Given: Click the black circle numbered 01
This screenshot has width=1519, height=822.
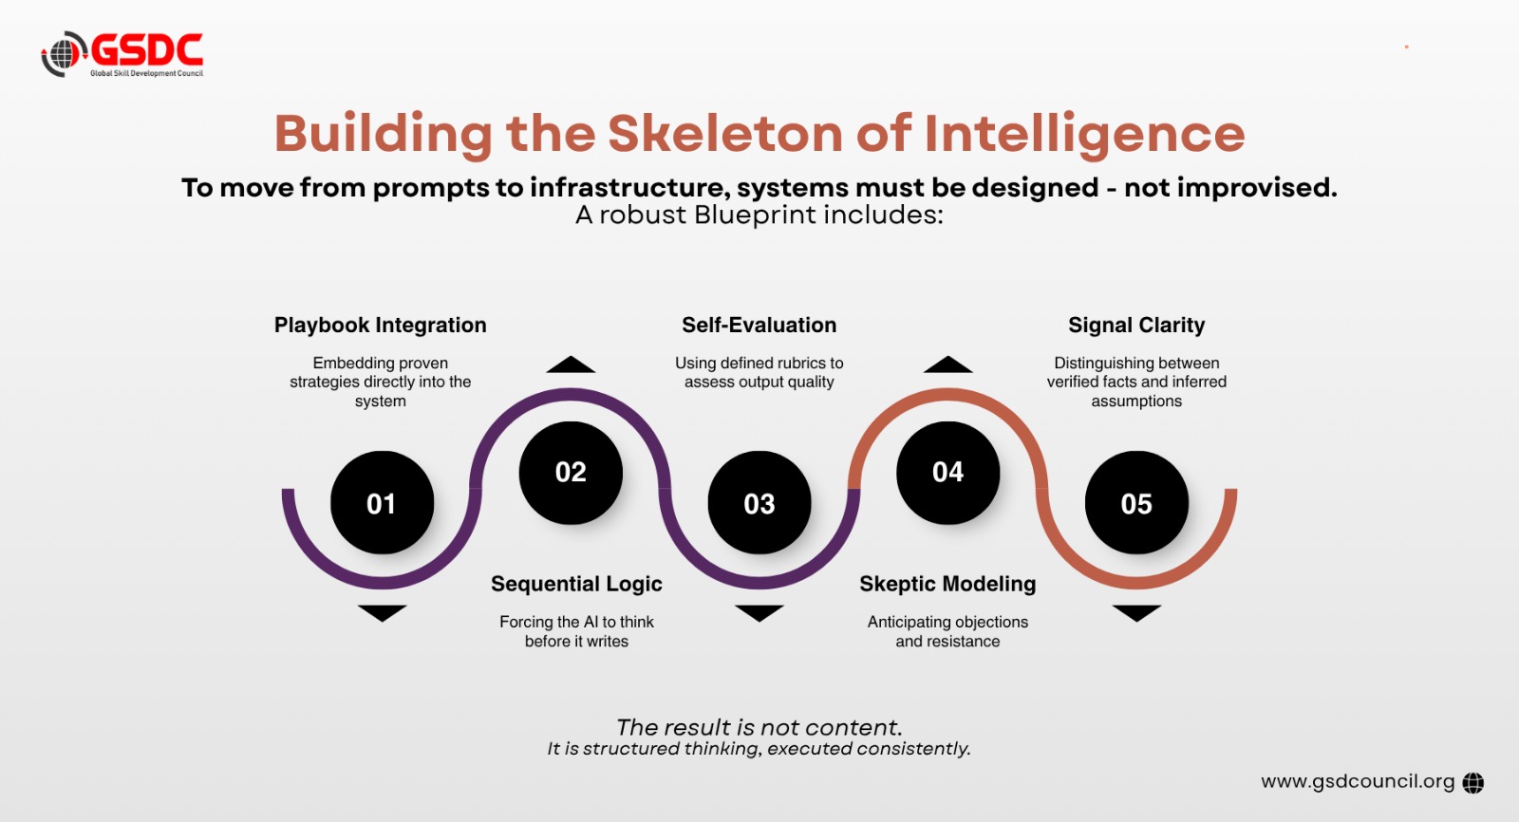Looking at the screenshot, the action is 382,502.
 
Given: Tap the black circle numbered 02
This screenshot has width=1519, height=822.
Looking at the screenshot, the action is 571,473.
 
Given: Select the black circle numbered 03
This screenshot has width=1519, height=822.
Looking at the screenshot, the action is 759,502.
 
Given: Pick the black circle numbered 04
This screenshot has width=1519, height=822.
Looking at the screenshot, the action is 947,473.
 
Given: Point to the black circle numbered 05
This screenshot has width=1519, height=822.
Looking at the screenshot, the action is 1136,502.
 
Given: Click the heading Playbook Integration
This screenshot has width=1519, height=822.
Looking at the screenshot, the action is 381,326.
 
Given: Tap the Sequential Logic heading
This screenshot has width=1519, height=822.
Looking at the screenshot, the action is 576,584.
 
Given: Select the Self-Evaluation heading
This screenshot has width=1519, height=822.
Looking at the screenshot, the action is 759,325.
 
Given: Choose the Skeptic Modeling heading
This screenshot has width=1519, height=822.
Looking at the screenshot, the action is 947,584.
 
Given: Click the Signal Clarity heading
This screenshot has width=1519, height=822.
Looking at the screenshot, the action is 1136,326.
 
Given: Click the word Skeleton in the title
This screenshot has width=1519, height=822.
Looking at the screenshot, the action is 725,133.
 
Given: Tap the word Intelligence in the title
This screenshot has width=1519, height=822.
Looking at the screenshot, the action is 1084,135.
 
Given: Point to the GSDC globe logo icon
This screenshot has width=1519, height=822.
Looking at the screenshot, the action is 64,53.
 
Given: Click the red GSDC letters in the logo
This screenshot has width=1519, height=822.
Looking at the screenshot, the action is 147,50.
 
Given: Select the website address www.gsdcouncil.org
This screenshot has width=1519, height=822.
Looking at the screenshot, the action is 1358,782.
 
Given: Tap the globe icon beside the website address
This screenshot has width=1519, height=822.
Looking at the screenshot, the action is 1472,783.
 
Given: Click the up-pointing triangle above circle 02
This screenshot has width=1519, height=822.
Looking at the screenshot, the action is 571,364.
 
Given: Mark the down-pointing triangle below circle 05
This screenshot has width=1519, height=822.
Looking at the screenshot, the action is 1136,613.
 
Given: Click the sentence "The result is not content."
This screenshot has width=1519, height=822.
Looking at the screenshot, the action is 759,727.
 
